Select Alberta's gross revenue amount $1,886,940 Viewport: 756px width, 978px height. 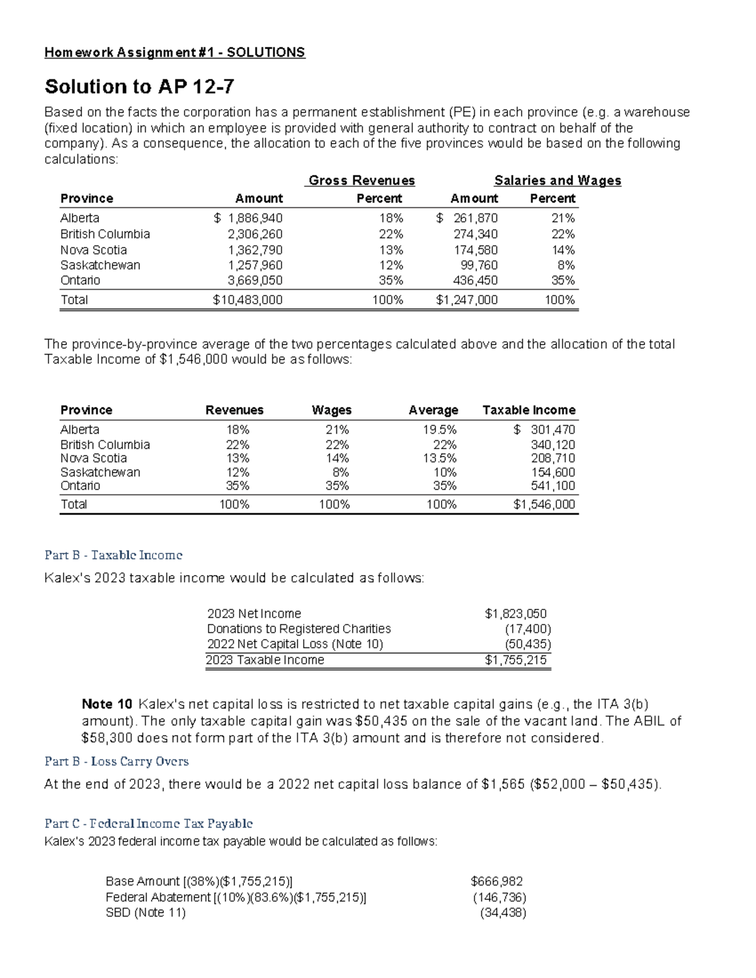point(248,218)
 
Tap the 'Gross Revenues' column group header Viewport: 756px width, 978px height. point(362,181)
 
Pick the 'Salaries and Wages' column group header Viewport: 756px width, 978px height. point(558,181)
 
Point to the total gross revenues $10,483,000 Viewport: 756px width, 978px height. point(248,300)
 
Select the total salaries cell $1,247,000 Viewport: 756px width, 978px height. point(467,300)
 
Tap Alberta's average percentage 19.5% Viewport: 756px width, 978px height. point(440,429)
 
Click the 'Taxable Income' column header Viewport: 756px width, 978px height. point(529,410)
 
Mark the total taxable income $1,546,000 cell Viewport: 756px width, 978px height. point(544,504)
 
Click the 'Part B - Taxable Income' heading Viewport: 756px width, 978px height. point(113,555)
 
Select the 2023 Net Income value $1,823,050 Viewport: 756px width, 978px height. point(515,613)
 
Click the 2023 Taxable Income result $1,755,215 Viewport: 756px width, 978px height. point(515,660)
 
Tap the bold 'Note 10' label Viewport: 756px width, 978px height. point(107,704)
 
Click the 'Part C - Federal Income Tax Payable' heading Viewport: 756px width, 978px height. point(149,823)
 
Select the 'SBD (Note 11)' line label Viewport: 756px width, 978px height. point(146,913)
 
